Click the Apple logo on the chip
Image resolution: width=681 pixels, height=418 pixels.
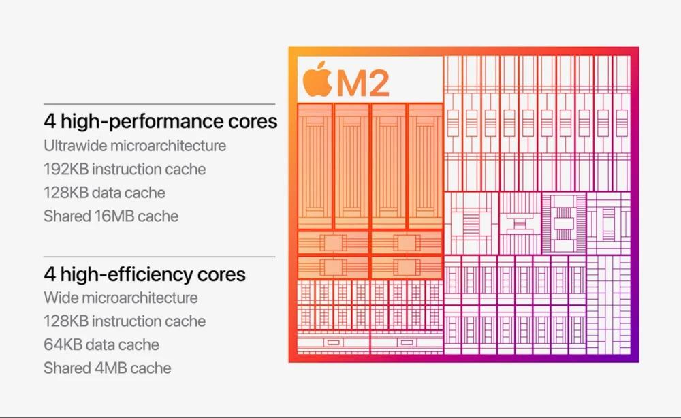click(x=317, y=80)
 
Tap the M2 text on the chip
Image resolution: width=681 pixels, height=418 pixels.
click(x=363, y=83)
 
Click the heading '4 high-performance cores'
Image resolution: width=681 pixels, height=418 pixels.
click(x=161, y=122)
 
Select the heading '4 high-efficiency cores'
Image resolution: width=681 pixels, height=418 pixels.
click(x=144, y=274)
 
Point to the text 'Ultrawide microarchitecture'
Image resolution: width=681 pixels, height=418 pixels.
click(x=135, y=146)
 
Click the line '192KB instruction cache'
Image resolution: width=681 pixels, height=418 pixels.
click(x=125, y=169)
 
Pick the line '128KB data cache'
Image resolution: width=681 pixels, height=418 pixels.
click(x=104, y=193)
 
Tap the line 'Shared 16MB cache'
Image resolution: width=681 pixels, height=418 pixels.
click(x=111, y=216)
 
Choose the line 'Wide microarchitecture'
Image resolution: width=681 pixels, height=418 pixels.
click(x=121, y=298)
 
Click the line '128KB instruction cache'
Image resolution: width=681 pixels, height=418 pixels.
click(x=125, y=321)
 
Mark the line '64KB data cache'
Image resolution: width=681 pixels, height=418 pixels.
click(x=101, y=344)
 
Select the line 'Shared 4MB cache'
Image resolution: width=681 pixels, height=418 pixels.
click(x=108, y=368)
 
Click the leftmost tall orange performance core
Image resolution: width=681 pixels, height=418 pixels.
click(x=315, y=166)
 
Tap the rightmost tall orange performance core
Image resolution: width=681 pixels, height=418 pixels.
click(x=424, y=166)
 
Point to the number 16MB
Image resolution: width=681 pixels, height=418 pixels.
click(x=110, y=216)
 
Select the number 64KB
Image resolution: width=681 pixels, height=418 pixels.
click(x=63, y=344)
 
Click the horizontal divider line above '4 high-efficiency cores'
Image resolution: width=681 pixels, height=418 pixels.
click(x=159, y=257)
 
